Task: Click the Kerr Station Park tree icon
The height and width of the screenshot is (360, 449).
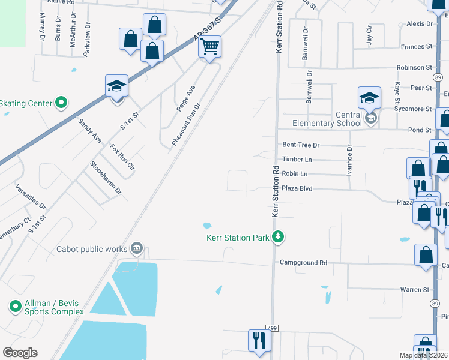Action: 277,238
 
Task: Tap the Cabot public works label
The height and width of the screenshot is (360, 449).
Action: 92,249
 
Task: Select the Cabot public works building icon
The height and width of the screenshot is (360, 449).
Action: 137,248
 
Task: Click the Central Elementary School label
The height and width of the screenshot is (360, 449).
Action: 327,119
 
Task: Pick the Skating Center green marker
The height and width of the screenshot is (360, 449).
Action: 61,103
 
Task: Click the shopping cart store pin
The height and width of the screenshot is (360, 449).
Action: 209,46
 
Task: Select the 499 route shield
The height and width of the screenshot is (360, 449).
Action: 272,328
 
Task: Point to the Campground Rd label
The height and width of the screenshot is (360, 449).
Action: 303,263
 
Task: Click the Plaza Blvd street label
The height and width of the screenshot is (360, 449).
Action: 297,188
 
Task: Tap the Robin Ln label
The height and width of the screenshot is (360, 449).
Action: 294,174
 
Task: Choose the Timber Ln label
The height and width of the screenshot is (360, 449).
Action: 297,160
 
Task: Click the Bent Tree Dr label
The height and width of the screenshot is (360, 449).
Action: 301,145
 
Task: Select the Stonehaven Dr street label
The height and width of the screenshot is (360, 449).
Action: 106,178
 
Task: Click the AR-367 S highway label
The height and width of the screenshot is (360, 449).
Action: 208,31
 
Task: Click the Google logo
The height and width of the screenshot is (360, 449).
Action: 20,353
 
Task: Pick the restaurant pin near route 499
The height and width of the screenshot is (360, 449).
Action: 259,340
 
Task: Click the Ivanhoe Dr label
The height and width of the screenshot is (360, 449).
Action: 349,160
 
